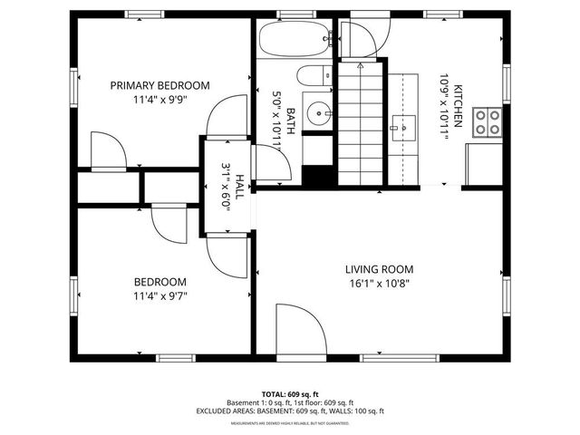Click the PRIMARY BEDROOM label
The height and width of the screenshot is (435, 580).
pos(159,85)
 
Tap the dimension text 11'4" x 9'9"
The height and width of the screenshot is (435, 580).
pos(159,100)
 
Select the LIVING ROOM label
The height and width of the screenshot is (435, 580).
pos(379,269)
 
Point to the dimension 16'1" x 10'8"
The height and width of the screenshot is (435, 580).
pos(379,284)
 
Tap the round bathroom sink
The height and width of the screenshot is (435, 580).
pos(317,113)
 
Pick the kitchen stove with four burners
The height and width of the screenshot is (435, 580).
pos(488,122)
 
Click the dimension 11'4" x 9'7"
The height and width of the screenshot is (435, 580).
pos(159,295)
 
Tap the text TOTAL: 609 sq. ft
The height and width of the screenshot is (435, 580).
pos(289,394)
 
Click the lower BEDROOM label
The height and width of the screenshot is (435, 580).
pos(159,282)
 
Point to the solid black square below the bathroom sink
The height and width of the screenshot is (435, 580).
pos(317,176)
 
